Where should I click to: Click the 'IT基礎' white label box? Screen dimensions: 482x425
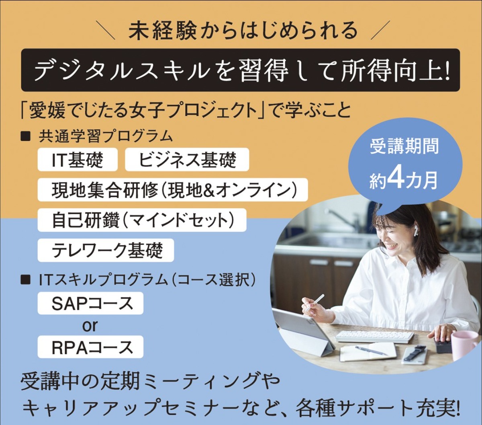(x=78, y=160)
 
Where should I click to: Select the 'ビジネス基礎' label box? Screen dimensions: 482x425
(x=187, y=160)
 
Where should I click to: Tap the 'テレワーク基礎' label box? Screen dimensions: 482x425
(x=106, y=250)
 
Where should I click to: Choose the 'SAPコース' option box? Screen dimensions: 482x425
(x=90, y=303)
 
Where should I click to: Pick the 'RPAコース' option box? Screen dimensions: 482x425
(x=90, y=347)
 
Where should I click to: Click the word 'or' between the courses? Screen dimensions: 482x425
(x=90, y=325)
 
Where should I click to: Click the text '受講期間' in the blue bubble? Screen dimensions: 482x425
(x=404, y=146)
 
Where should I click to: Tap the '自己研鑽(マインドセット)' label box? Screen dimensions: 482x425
(x=142, y=220)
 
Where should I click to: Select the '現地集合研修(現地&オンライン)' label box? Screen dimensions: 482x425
(x=173, y=190)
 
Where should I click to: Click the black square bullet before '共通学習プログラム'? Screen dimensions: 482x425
(x=25, y=136)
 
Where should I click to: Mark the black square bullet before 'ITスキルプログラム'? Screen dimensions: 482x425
(x=25, y=280)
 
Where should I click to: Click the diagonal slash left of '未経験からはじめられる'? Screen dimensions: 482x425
(x=105, y=30)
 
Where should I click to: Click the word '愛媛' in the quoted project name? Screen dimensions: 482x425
(x=47, y=111)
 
